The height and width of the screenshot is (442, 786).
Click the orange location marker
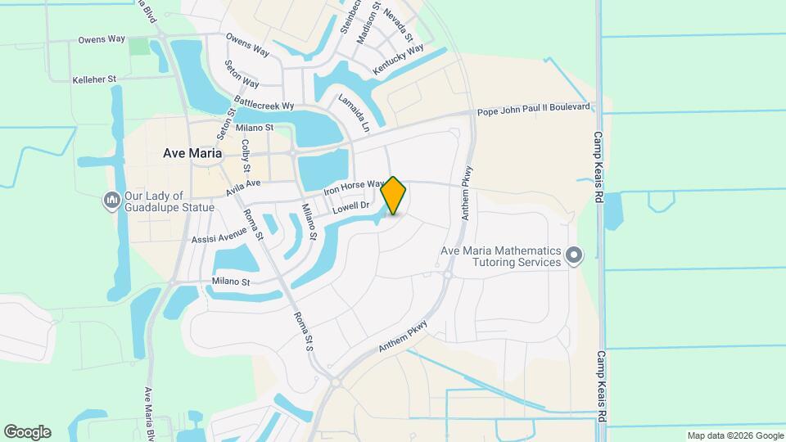click(394, 196)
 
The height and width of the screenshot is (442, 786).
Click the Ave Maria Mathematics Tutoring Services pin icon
click(574, 256)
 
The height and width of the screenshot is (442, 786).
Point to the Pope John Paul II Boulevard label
click(534, 108)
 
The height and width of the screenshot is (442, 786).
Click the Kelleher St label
click(95, 79)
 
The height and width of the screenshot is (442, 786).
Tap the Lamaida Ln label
click(355, 114)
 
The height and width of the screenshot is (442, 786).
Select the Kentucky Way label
click(398, 61)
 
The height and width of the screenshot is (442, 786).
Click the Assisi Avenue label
click(219, 235)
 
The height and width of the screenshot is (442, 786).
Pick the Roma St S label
click(300, 331)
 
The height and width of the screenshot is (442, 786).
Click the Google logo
click(27, 432)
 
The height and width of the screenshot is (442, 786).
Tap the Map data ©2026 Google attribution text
click(735, 435)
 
